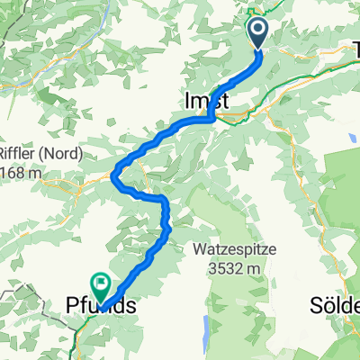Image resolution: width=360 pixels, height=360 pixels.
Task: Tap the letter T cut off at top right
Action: (355, 49)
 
